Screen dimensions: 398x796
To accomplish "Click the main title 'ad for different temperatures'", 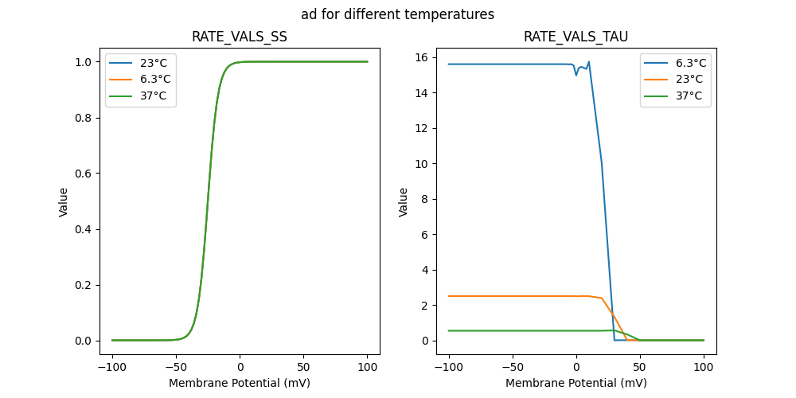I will (x=397, y=14).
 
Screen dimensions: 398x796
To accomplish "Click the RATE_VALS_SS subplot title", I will (x=240, y=37).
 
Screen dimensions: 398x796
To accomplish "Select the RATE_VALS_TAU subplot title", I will (x=576, y=37).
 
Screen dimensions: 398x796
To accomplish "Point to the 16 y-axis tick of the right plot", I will (x=421, y=57).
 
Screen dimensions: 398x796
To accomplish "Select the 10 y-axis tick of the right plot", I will (x=421, y=164).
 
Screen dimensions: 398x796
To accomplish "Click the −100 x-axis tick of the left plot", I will (x=112, y=368).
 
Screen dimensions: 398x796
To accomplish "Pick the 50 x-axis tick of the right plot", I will (x=640, y=368).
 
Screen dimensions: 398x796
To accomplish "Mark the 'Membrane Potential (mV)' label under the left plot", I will (x=240, y=383).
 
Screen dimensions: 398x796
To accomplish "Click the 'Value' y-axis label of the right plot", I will (x=404, y=202).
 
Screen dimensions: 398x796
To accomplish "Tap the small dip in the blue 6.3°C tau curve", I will (x=576, y=75).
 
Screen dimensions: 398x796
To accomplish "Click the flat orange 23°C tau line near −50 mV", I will (x=513, y=296).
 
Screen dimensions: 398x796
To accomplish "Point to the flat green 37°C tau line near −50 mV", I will (x=513, y=330).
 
